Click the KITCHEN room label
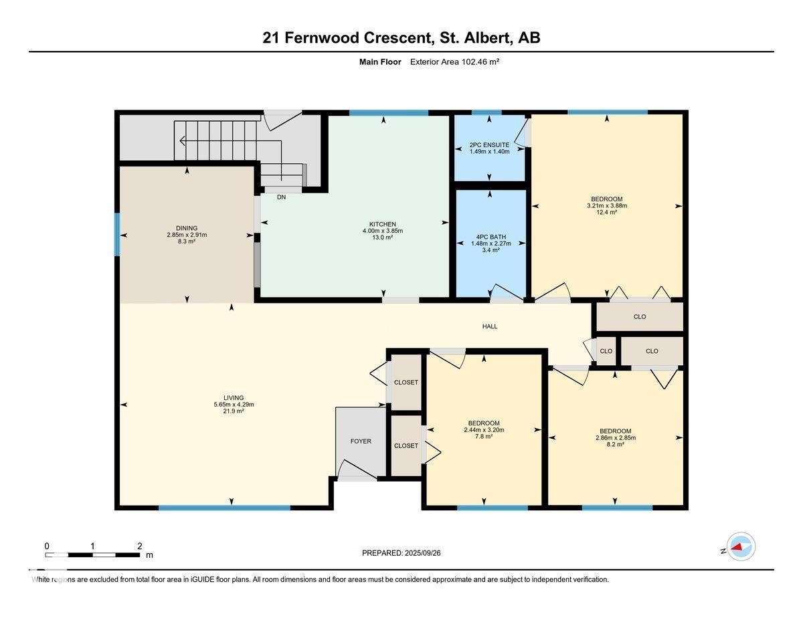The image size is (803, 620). pos(383,224)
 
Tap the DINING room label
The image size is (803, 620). pos(187,228)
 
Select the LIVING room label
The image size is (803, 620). pos(234,398)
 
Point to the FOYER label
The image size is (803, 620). pos(361,441)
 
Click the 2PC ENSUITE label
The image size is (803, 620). pos(489,145)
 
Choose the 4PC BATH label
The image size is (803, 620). pos(490,237)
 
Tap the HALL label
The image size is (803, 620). pos(490,326)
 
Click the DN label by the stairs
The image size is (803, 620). pos(281,197)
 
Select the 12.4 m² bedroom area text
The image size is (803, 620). pos(607,212)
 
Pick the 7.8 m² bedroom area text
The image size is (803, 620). pos(484,436)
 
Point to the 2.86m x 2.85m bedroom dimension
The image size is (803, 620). pos(616,438)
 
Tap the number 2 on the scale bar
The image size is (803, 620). pos(139,546)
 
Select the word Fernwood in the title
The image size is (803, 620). pos(322,37)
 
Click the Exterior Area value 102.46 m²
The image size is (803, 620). pos(480,62)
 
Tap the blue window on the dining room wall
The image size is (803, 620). pos(117,235)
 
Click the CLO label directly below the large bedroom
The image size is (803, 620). pos(640,316)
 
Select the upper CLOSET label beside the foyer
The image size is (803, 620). pos(406,382)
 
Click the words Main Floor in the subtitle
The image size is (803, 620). pos(380,62)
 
